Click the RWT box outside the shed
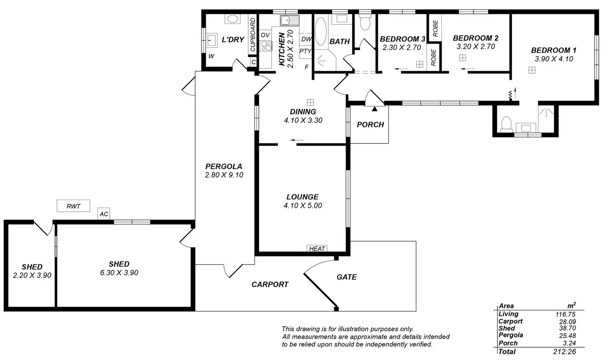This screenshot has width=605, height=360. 73,206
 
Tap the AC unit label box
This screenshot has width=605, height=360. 104,214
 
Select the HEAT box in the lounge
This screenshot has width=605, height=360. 317,248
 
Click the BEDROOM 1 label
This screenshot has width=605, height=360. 553,50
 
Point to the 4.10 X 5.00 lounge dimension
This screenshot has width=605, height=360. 302,205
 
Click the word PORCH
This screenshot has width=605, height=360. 370,125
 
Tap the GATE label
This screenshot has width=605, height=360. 346,277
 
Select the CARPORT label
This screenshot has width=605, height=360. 270,284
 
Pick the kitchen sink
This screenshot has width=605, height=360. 290,20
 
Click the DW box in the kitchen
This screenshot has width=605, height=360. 306,39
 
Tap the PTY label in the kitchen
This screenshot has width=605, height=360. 305,51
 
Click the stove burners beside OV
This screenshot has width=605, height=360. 266,45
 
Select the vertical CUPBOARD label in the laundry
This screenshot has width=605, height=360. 253,35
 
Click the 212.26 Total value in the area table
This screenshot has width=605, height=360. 564,351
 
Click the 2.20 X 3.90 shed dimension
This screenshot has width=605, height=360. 32,275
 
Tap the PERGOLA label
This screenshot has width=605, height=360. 224,166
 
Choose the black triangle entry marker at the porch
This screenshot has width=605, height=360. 374,109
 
